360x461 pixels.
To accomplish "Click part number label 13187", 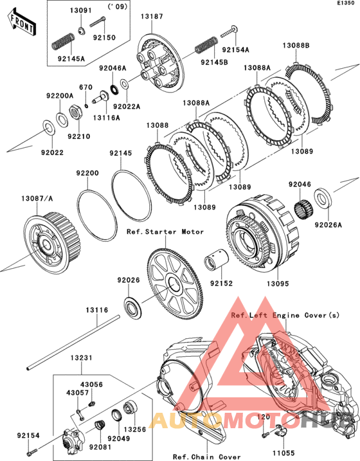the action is [152, 17].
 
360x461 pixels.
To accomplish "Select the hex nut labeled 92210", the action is [75, 111].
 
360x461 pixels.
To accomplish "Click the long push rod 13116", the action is [73, 342].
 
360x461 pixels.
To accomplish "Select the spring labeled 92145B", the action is [206, 45].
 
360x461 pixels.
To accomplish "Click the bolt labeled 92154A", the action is [230, 32].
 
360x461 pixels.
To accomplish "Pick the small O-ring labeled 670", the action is [86, 105].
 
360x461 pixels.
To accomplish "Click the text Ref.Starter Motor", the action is [165, 231].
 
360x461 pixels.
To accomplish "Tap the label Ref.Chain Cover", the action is [206, 457].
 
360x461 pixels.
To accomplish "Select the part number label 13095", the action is [278, 284].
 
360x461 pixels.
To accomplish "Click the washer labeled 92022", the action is [48, 127].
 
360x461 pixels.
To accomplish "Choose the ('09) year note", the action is [118, 6].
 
